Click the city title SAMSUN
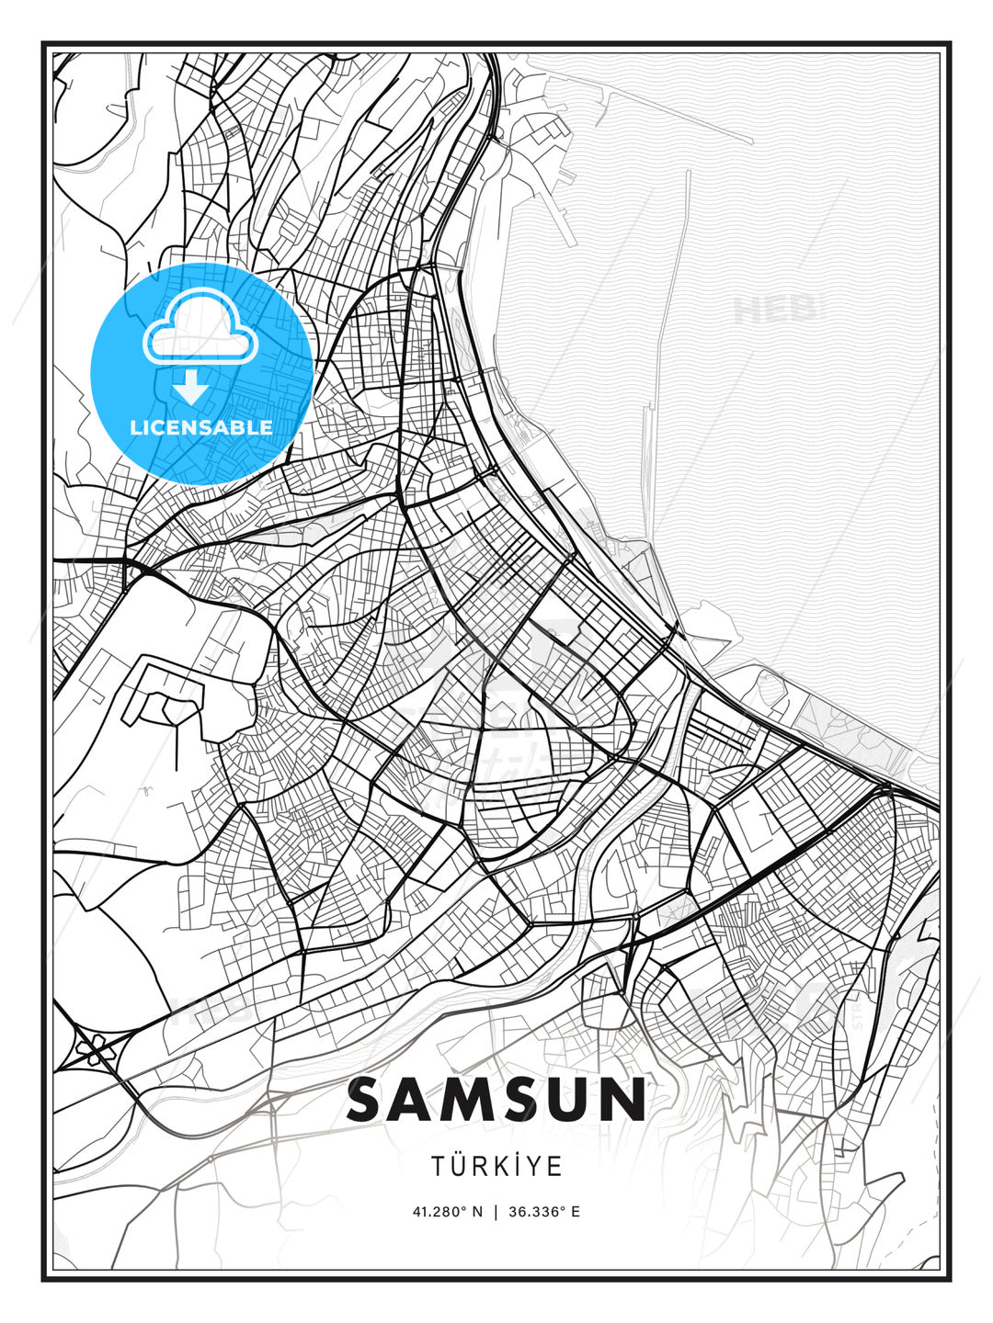(x=496, y=1101)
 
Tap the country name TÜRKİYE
(x=496, y=1166)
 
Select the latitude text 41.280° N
(x=447, y=1212)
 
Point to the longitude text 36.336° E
(x=545, y=1212)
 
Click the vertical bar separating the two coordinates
(x=496, y=1212)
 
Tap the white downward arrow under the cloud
(x=191, y=387)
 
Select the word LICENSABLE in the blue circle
(x=201, y=427)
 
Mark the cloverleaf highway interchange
(x=93, y=1048)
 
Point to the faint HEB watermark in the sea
(x=777, y=311)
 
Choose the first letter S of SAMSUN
(x=367, y=1101)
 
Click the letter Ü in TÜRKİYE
(x=460, y=1166)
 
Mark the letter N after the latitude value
(x=477, y=1212)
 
